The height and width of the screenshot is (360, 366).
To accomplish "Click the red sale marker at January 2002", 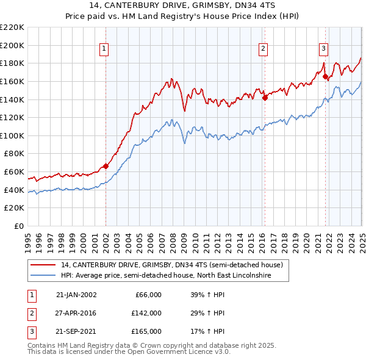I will pos(106,165).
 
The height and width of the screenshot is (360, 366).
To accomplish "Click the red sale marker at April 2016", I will pos(265,97).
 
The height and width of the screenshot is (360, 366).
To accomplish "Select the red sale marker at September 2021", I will pos(325,77).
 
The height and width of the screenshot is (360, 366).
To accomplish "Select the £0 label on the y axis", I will pos(20,226).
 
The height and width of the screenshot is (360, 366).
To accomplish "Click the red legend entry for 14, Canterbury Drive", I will pos(171,265).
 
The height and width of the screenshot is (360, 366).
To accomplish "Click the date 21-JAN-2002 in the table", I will pos(76,295).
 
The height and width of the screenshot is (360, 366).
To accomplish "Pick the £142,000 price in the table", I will pos(146,313).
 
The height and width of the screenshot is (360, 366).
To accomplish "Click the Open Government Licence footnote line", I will pos(129,353).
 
